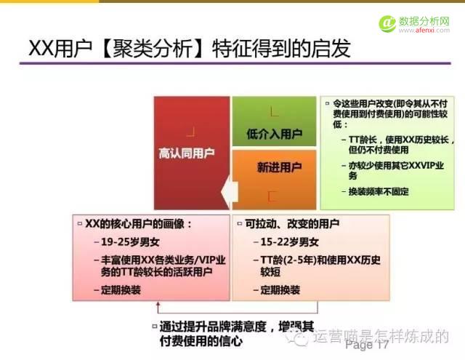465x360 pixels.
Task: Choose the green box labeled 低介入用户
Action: point(274,134)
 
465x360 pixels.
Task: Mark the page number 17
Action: point(383,344)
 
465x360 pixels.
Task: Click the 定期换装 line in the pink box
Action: point(121,290)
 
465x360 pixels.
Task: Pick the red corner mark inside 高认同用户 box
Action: point(190,132)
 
